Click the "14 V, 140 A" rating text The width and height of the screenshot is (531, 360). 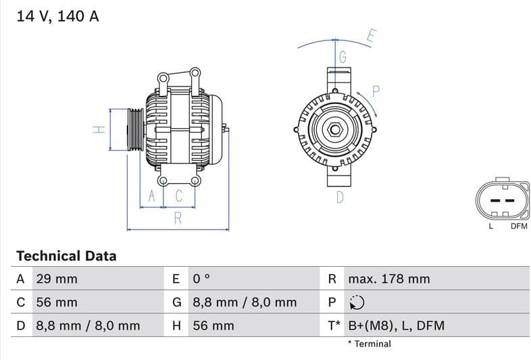57,16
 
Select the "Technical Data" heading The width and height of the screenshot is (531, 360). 66,256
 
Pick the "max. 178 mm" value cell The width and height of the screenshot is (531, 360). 388,279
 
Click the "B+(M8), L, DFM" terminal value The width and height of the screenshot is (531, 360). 396,326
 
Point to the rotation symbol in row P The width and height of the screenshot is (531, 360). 357,303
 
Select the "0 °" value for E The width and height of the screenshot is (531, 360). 202,279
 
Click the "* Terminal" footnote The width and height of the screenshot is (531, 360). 369,344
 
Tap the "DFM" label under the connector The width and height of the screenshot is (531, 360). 518,226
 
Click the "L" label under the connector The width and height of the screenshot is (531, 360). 491,226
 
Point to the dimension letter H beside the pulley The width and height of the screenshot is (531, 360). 98,129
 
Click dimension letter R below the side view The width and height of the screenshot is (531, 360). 178,217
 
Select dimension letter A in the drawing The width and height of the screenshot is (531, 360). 152,196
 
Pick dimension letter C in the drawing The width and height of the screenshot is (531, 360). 179,196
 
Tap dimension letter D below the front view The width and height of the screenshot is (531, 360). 340,197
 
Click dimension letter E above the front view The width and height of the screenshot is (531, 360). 370,36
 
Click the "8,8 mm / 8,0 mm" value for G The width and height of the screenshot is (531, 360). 245,303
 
